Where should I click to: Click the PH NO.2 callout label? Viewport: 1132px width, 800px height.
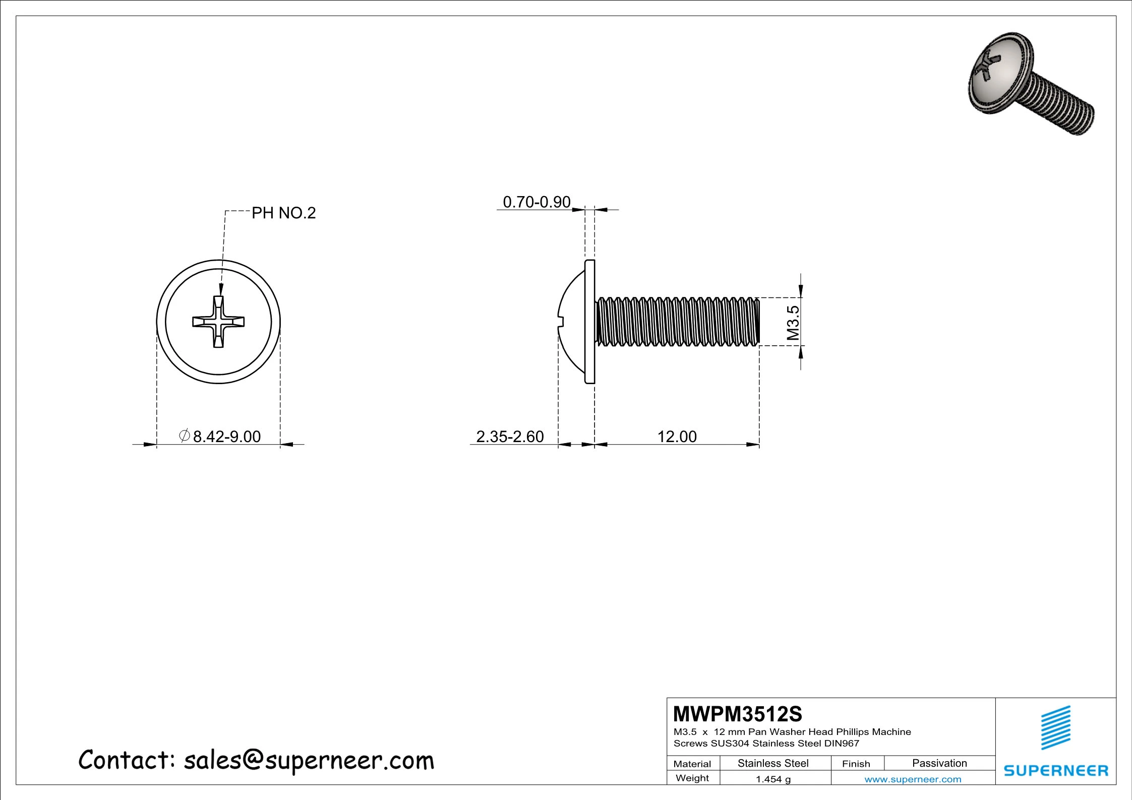tap(283, 213)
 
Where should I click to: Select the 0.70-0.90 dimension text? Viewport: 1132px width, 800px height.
tap(537, 202)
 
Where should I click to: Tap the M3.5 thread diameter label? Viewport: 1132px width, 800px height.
tap(793, 323)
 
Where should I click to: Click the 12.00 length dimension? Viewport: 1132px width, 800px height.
tap(677, 436)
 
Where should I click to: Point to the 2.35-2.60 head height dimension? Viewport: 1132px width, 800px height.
tap(510, 436)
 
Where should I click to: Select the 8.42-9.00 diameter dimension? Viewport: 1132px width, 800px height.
tap(226, 436)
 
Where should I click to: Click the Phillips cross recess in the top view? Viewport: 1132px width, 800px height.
tap(218, 322)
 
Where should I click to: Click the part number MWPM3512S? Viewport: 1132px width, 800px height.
tap(737, 714)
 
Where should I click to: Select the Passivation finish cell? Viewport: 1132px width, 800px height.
tap(939, 763)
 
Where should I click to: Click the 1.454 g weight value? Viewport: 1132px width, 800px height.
tap(773, 779)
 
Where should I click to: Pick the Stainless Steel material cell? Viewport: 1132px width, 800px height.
tap(773, 763)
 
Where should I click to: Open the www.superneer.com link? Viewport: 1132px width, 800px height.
tap(913, 779)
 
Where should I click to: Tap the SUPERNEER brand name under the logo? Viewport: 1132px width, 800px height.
tap(1056, 771)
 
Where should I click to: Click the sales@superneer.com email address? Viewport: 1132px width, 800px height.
tap(309, 760)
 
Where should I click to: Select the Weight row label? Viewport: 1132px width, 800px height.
tap(692, 778)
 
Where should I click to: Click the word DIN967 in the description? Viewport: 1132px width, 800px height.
tap(842, 743)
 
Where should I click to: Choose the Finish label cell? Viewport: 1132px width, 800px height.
tap(856, 764)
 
